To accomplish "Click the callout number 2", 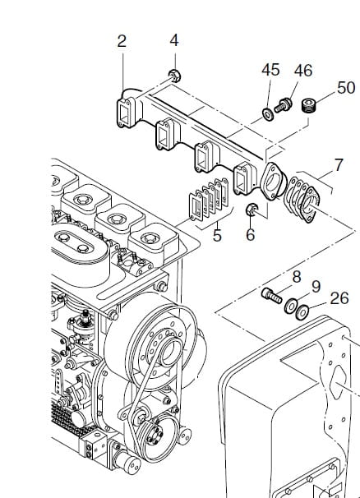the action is point(122,41).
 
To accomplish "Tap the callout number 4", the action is point(174,40).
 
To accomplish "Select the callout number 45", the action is point(270,70).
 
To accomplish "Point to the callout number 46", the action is point(303,71).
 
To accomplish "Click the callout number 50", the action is point(346,87).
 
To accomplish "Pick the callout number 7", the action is point(339,165).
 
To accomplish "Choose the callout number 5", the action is point(217,235).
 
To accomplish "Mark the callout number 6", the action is point(251,235).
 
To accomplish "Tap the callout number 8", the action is point(297,277).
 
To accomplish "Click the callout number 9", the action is point(316,287).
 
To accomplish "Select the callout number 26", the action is point(339,298).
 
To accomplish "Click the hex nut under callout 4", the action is point(174,76).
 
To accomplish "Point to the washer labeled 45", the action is point(268,113).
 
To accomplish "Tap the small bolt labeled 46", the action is point(283,106).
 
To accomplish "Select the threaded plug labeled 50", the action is point(308,105).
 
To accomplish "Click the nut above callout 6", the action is point(252,210).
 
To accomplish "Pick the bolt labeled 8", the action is point(272,295).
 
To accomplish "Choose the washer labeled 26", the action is point(302,312).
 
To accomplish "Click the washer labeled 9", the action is point(291,306).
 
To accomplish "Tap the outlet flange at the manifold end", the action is point(273,182).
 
